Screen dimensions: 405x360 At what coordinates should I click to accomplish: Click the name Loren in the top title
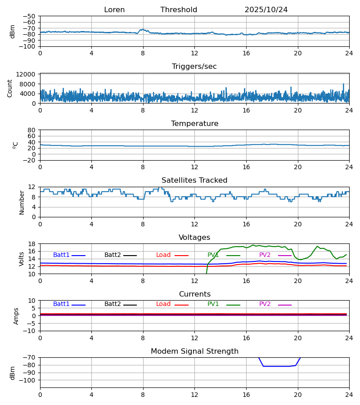tap(114, 10)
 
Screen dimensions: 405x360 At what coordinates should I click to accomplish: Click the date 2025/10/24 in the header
tap(266, 10)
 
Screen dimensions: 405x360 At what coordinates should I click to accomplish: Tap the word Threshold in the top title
tap(179, 10)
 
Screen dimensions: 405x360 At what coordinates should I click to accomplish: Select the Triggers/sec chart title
tap(194, 67)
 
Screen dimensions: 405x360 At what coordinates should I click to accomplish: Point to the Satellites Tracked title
tap(194, 180)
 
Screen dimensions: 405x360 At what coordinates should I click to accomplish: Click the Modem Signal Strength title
tap(194, 351)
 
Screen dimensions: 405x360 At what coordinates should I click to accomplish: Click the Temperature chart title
tap(194, 124)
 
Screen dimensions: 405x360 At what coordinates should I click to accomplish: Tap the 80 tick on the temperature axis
tap(31, 130)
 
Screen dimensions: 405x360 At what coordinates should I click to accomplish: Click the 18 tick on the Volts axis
tap(31, 244)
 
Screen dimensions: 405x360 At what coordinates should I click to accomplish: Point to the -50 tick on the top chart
tap(29, 16)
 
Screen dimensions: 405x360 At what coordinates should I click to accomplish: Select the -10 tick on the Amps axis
tap(29, 331)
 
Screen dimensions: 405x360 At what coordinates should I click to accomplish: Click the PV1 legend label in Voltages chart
tap(213, 255)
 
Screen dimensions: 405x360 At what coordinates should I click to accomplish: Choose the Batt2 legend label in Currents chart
tap(112, 304)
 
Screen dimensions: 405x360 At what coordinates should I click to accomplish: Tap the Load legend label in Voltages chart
tap(163, 255)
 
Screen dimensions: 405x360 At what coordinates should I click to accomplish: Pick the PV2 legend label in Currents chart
tap(265, 304)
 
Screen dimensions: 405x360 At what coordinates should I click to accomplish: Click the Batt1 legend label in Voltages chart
tap(61, 255)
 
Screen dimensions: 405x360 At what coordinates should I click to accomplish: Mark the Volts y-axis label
tap(22, 259)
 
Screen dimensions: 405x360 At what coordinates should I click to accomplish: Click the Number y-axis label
tap(22, 202)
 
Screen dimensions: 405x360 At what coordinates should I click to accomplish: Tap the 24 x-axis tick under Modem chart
tap(349, 395)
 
